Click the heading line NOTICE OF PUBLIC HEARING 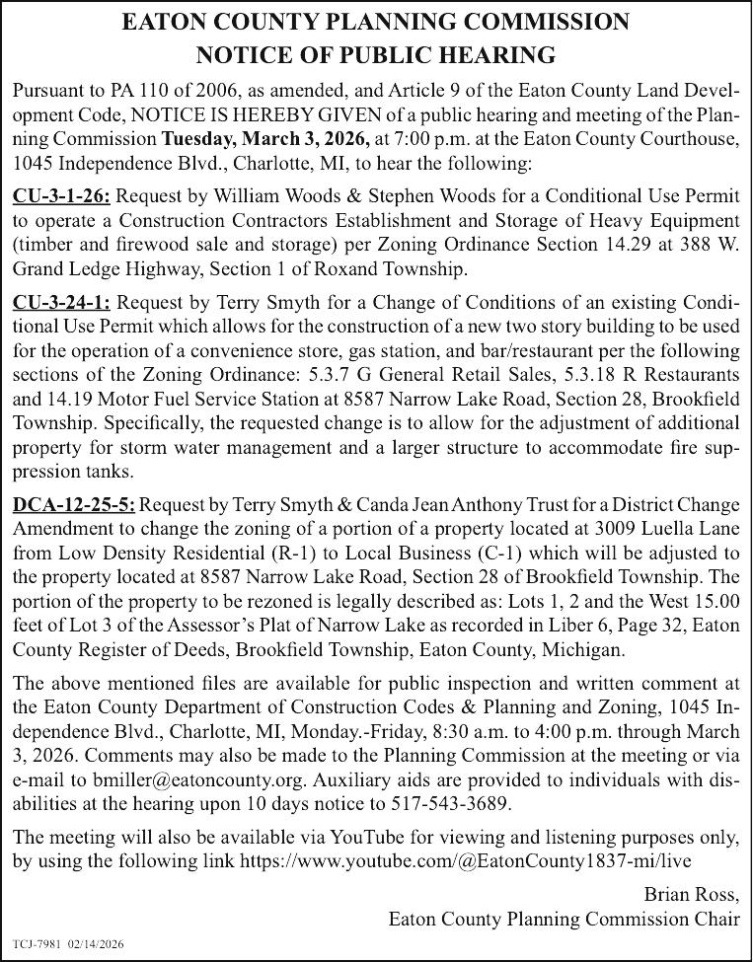[x=376, y=53]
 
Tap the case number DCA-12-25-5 [x=74, y=506]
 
